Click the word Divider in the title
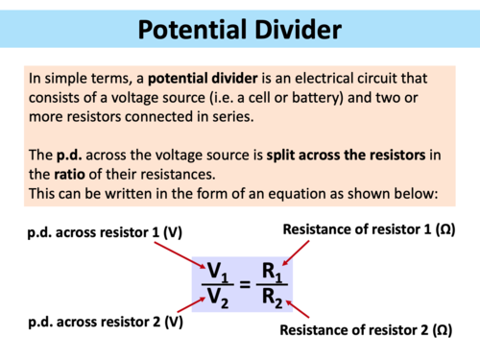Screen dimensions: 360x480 tap(292, 29)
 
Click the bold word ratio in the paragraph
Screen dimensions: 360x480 tap(50, 176)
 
